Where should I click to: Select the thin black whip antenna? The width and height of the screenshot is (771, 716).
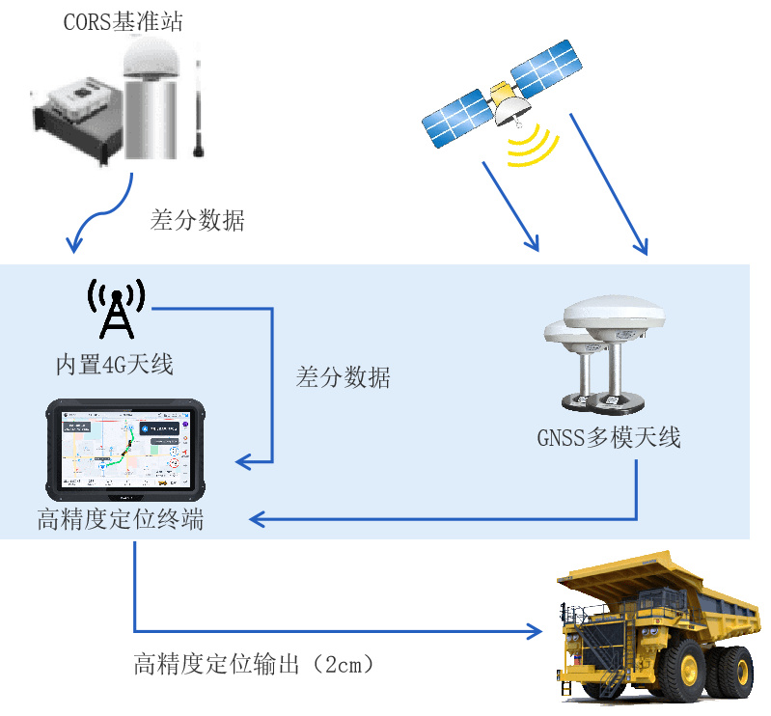click(200, 106)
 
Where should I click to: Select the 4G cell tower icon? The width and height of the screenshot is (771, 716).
click(117, 309)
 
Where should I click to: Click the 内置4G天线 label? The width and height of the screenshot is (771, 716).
click(114, 365)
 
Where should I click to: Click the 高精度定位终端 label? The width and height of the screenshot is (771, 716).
click(121, 520)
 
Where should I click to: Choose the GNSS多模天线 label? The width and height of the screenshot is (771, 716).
click(609, 438)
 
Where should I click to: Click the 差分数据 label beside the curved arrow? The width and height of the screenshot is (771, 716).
click(198, 221)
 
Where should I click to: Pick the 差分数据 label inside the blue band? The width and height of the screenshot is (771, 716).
click(344, 377)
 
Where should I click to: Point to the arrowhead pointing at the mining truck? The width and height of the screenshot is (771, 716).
click(534, 632)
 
